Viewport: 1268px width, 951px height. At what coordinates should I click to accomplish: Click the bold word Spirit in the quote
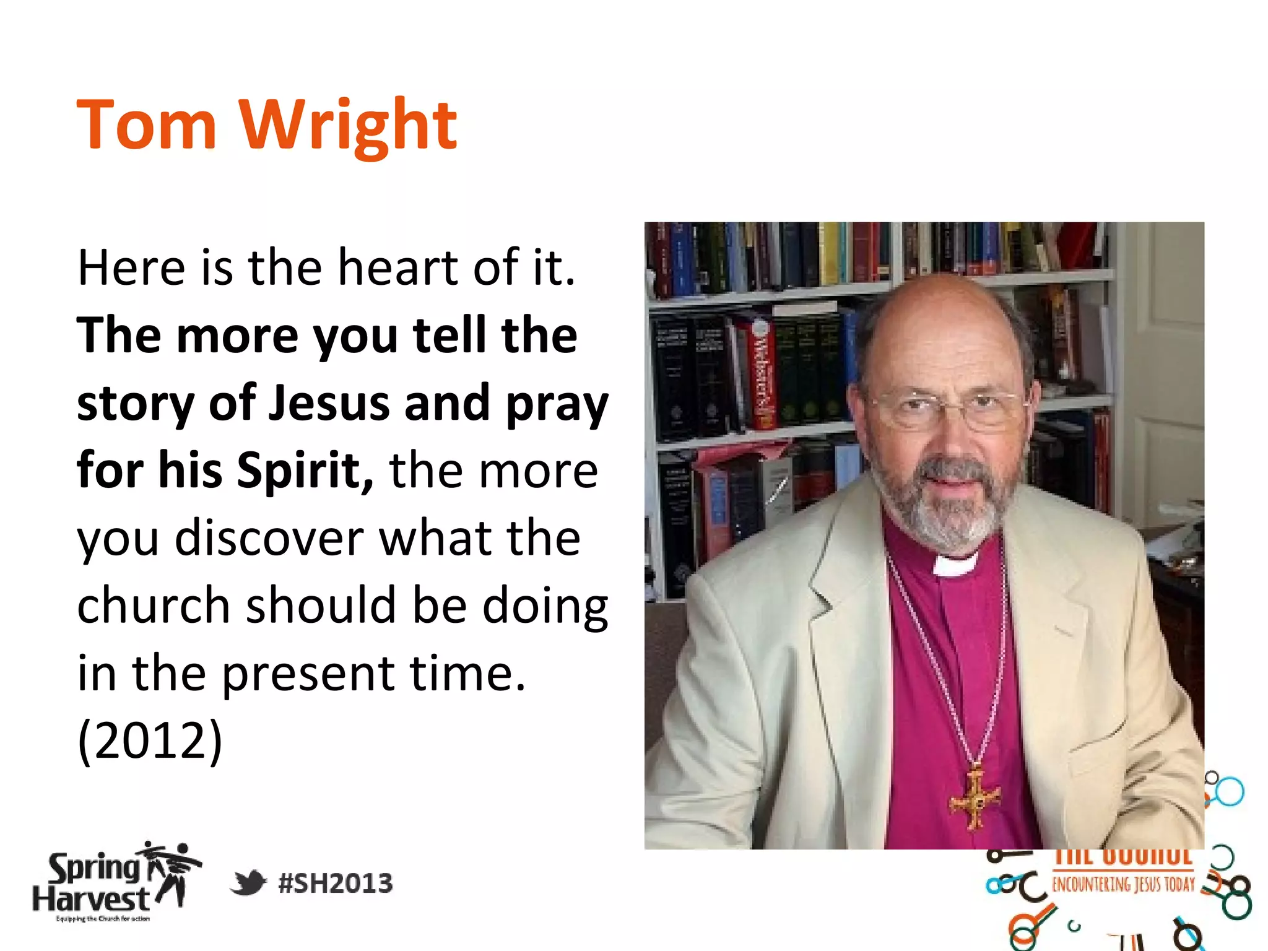(305, 470)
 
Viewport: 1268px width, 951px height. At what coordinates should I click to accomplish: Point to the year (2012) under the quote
(149, 740)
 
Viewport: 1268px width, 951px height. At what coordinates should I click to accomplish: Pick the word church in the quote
(154, 605)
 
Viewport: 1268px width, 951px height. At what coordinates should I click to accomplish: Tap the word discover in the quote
(269, 537)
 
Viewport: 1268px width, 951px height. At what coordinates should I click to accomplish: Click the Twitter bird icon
(248, 882)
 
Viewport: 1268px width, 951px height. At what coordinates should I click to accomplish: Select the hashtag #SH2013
(336, 884)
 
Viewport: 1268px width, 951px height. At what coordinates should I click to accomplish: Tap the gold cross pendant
(975, 799)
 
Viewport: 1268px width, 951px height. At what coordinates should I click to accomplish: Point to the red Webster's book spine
(762, 375)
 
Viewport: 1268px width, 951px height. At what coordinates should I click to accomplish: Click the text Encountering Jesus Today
(1123, 884)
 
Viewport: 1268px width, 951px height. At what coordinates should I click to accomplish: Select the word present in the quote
(308, 673)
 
